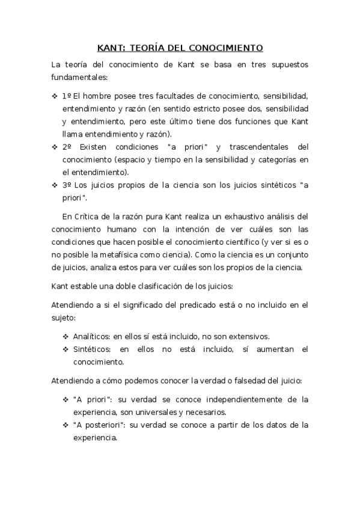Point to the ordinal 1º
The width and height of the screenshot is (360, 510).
pos(67,96)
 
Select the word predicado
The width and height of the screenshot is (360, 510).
pos(206,305)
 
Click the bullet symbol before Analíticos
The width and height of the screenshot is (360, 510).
pos(66,337)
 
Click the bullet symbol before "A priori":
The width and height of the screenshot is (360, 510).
pos(66,399)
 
